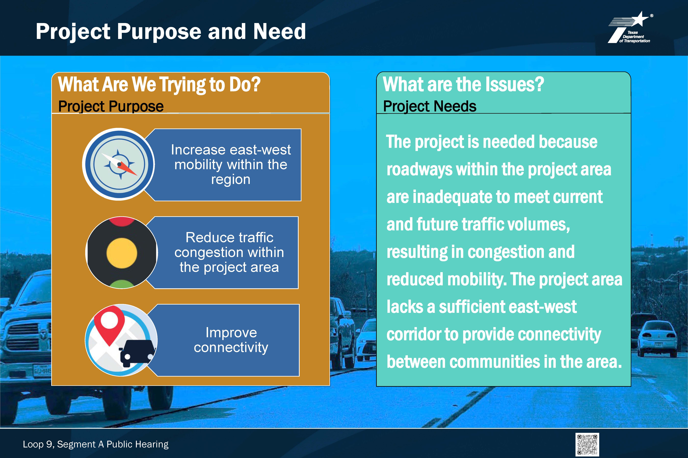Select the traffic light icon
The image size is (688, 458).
[x=122, y=253]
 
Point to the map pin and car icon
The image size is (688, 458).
[x=121, y=340]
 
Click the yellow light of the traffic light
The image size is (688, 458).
[x=122, y=253]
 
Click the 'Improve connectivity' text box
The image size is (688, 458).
[x=225, y=340]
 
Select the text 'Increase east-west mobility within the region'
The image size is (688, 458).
[x=231, y=164]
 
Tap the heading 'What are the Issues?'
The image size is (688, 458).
[x=463, y=84]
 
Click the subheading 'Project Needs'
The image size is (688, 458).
[x=430, y=106]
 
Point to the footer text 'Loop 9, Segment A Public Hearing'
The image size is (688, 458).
[x=96, y=444]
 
